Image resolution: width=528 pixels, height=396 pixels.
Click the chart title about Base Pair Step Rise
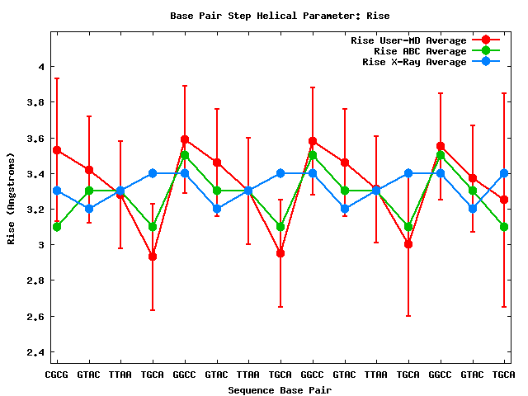[x=280, y=16]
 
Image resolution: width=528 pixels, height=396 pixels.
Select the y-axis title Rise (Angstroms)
[x=12, y=198]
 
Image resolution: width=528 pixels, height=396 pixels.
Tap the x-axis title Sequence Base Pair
[x=280, y=389]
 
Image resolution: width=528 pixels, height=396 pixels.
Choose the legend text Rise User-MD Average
[x=408, y=40]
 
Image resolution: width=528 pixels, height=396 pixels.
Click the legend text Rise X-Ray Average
[x=414, y=62]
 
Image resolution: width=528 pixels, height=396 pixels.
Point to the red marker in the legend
[x=486, y=40]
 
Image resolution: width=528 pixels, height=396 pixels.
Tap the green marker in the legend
[x=486, y=51]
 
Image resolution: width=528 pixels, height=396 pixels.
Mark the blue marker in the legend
[x=486, y=62]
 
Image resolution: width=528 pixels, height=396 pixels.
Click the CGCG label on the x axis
[x=56, y=375]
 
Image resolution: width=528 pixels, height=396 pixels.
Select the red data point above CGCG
[x=56, y=150]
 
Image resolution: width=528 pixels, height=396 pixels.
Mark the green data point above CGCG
[x=56, y=226]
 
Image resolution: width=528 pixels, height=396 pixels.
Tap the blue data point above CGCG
[x=56, y=191]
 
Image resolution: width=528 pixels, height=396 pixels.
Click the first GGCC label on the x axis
[x=184, y=375]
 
